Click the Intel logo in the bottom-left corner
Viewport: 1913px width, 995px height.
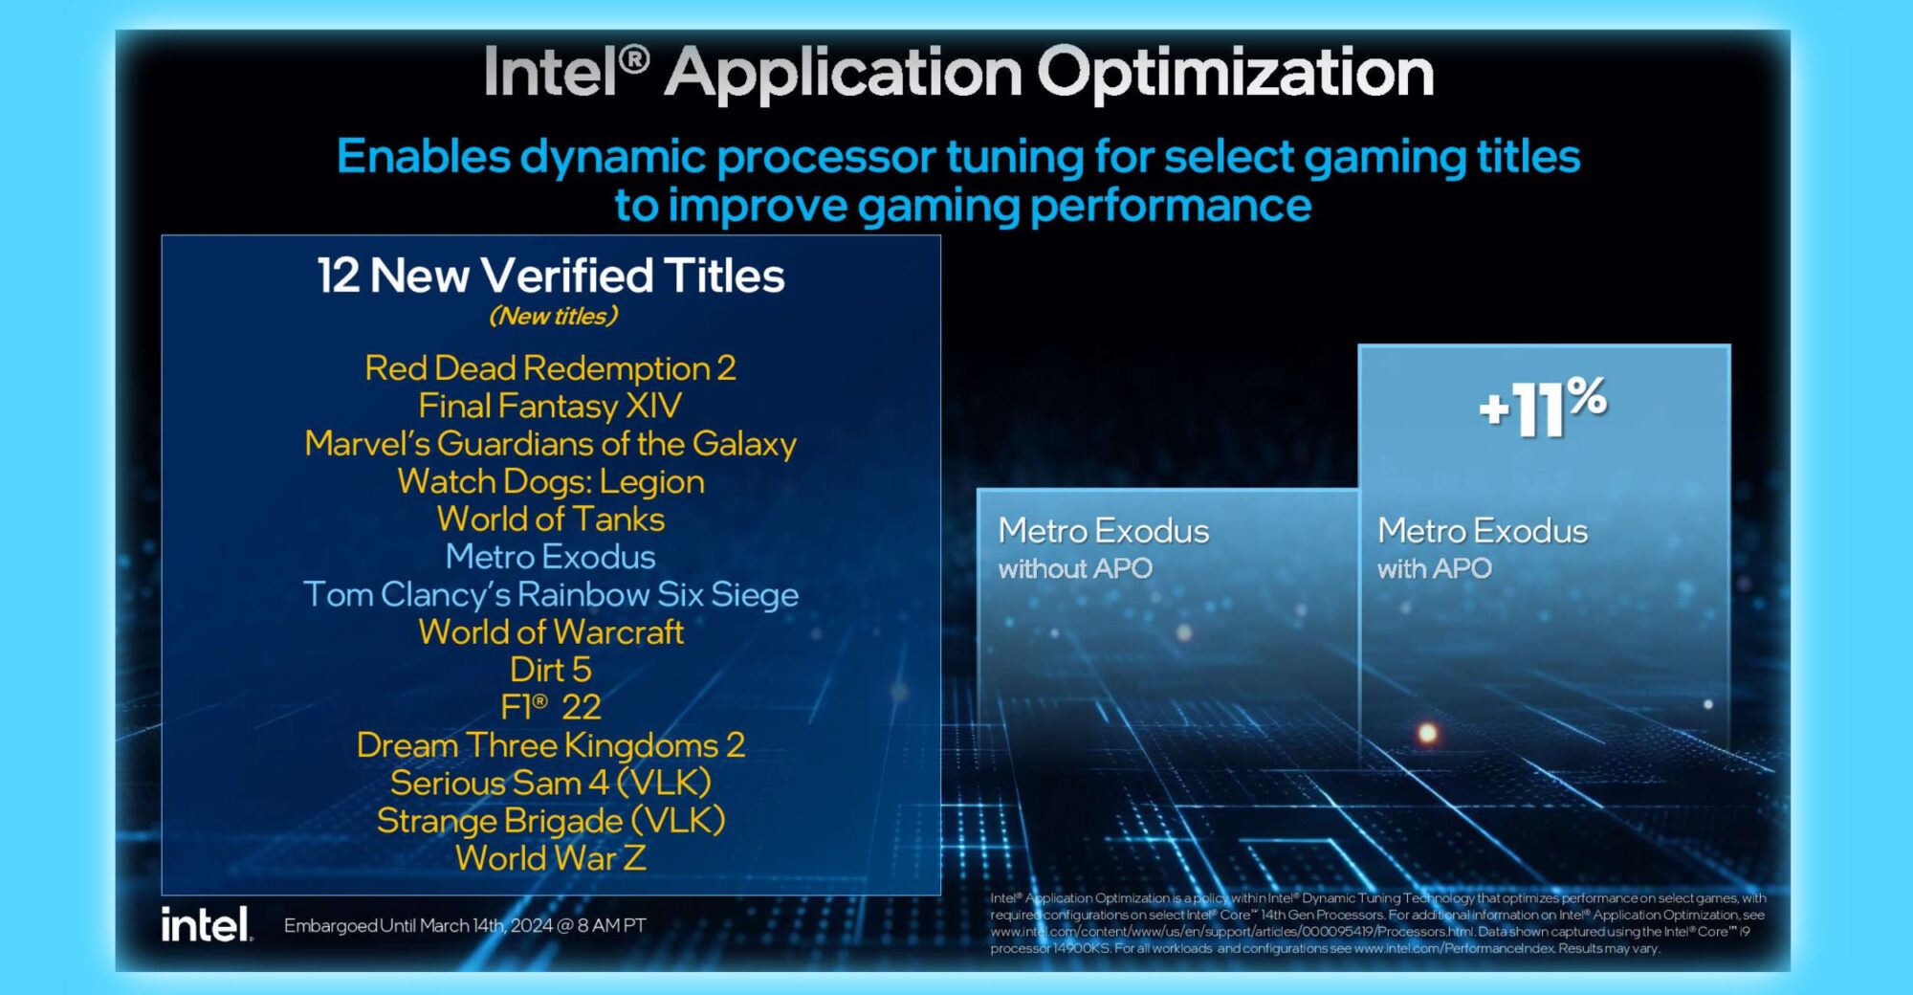(207, 924)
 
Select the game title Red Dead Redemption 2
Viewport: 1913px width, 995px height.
(550, 368)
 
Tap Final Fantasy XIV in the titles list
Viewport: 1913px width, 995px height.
(550, 407)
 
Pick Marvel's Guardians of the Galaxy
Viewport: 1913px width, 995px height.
(550, 444)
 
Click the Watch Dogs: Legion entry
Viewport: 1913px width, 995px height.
(551, 481)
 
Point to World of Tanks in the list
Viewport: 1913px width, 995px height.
(551, 519)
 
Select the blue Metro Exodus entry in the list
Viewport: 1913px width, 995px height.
(550, 557)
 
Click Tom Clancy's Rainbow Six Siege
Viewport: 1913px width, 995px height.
(551, 594)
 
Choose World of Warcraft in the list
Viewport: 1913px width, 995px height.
(551, 631)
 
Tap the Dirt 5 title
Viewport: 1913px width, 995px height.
(551, 670)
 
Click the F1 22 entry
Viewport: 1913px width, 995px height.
(551, 707)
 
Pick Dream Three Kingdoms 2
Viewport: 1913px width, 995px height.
(551, 745)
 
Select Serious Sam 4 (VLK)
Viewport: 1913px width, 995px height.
(551, 783)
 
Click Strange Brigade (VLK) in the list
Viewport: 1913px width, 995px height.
(551, 821)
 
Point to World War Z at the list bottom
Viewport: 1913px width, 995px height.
(551, 858)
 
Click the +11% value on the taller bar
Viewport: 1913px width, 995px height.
(1543, 407)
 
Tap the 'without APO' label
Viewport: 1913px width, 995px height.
(1075, 569)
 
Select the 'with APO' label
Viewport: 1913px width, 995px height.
(1434, 569)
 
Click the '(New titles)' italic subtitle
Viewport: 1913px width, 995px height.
(554, 316)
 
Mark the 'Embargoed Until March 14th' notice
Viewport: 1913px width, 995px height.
(465, 925)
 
